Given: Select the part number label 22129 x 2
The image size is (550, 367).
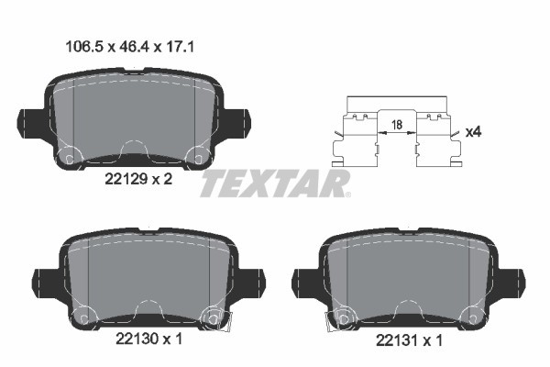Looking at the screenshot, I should pyautogui.click(x=133, y=180).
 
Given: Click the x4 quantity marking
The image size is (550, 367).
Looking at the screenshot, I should pyautogui.click(x=474, y=132).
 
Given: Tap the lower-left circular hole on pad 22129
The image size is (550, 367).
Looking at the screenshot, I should pyautogui.click(x=66, y=158).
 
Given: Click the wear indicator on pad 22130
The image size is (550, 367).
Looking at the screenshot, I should pyautogui.click(x=220, y=318).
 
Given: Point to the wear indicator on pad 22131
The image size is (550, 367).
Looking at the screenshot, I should pyautogui.click(x=338, y=318).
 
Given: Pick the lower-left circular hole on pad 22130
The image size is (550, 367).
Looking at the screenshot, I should pyautogui.click(x=83, y=317).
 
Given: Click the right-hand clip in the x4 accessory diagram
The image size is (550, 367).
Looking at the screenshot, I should pyautogui.click(x=437, y=138).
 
